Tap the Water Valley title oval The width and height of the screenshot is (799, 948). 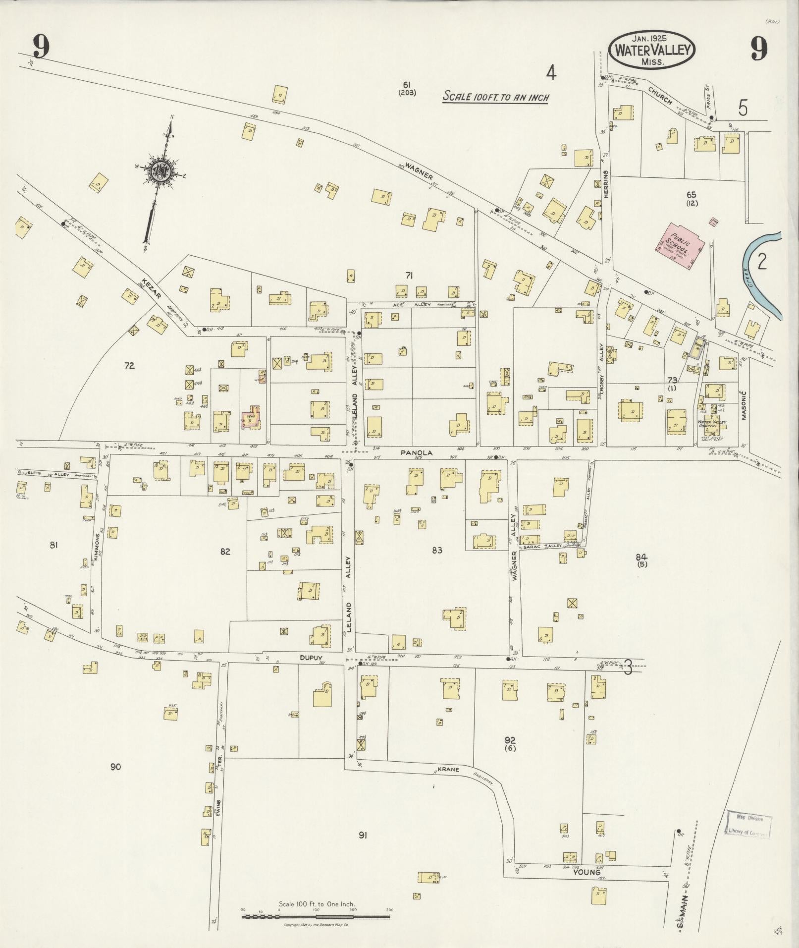652,50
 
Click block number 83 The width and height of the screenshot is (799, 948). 436,550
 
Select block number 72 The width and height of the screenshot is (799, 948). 129,366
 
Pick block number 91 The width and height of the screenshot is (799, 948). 363,836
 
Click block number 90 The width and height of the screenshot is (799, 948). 115,767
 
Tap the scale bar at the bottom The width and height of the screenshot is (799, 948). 316,917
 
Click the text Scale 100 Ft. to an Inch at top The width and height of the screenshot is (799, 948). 495,97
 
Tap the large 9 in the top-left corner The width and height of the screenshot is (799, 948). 42,48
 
